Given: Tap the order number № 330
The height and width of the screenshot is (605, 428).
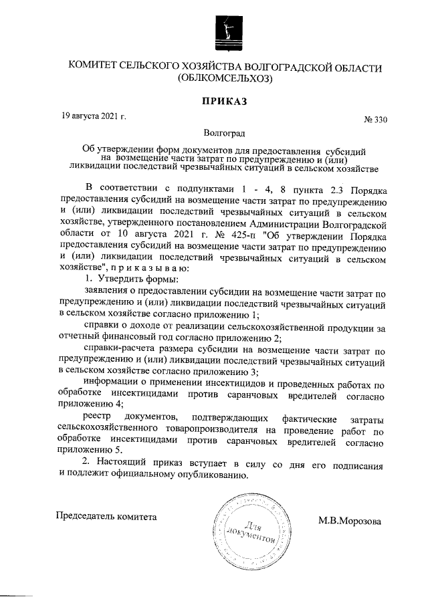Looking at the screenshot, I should [375, 120].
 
